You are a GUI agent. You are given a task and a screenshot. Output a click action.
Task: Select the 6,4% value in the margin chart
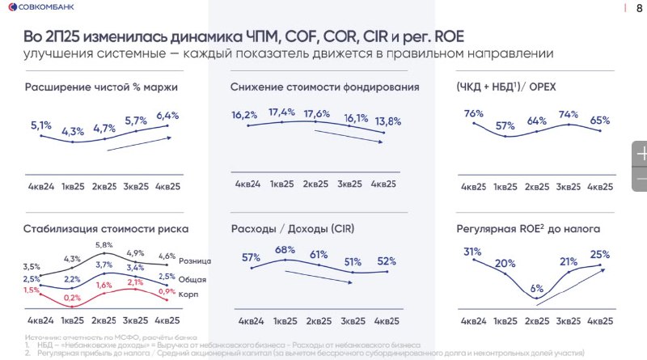pos(167,115)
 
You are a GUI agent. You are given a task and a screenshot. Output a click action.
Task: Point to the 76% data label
pos(474,113)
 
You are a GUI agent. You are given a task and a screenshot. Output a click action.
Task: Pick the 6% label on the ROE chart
pos(537,288)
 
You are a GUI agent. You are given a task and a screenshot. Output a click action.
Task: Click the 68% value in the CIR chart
pos(285,249)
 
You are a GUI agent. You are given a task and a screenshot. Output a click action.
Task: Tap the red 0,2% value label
pos(72,298)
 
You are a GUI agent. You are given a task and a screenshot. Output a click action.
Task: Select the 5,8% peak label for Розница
pos(105,245)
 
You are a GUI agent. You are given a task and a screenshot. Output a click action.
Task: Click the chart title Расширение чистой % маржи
pos(101,87)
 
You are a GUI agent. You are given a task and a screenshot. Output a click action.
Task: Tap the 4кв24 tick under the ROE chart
pos(474,320)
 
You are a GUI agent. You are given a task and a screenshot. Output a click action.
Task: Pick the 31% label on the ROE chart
pos(472,251)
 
